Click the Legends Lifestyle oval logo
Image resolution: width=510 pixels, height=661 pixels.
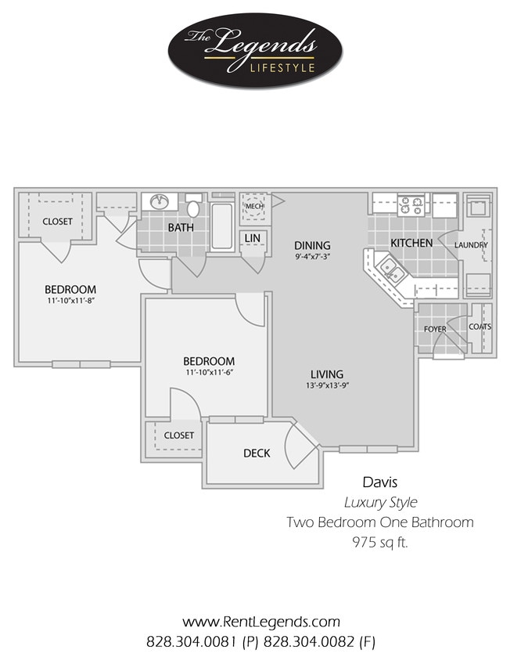tap(254, 51)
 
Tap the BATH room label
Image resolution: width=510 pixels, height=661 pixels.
tap(181, 228)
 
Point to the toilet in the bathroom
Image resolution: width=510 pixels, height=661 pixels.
tap(193, 208)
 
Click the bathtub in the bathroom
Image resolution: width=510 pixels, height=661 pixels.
tap(222, 226)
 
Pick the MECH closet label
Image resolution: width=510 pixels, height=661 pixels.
tap(254, 207)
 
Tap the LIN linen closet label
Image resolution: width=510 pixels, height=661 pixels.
tap(252, 237)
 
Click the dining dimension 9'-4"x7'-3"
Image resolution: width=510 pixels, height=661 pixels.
tap(312, 257)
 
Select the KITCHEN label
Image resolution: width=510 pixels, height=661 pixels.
tap(411, 243)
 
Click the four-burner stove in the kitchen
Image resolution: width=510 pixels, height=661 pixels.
tap(411, 205)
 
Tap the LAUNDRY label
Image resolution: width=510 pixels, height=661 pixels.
tap(472, 245)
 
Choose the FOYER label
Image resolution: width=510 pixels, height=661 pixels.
tap(435, 329)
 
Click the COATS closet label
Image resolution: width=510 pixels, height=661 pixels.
tap(479, 327)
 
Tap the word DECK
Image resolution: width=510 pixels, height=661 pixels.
tap(257, 453)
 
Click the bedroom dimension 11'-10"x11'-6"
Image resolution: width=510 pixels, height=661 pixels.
tap(209, 373)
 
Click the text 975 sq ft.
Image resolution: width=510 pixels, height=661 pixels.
tap(379, 541)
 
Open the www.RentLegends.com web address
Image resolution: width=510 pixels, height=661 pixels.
tap(261, 622)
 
